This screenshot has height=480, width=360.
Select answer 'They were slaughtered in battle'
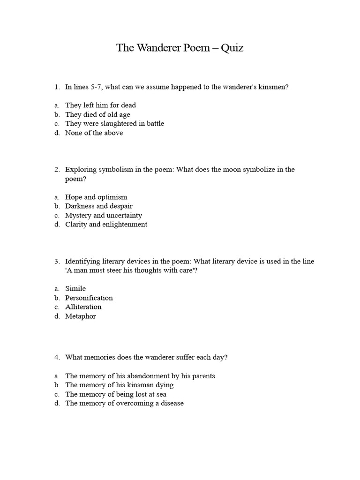click(114, 124)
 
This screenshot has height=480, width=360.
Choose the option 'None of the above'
click(94, 133)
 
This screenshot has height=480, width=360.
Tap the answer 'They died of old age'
click(97, 114)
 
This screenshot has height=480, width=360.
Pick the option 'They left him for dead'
click(100, 105)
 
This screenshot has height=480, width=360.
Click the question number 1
click(56, 87)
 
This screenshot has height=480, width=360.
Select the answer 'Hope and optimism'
click(96, 197)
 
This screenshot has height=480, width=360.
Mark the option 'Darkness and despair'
click(98, 206)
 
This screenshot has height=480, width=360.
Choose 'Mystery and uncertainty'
click(103, 215)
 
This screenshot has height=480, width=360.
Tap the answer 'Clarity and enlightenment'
click(106, 225)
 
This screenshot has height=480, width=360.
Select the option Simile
click(75, 289)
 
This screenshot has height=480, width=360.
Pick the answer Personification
click(89, 298)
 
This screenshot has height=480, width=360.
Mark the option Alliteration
click(83, 307)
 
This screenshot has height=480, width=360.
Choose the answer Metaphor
click(80, 316)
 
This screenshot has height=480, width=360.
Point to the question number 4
click(56, 357)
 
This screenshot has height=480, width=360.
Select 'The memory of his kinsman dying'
click(119, 385)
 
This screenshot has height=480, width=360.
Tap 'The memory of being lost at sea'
click(116, 394)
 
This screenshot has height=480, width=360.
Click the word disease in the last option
click(171, 403)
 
